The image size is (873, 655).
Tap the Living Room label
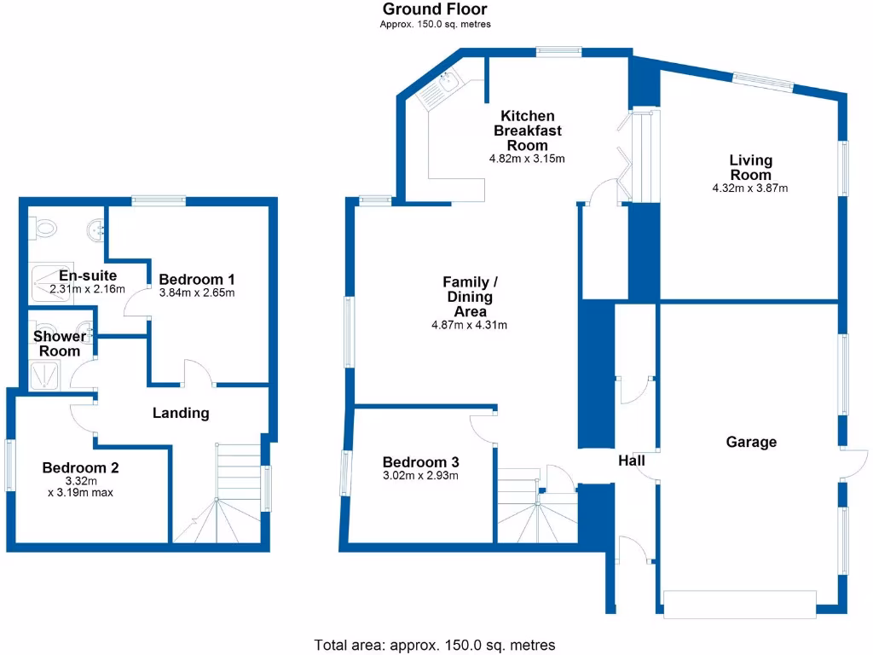pyautogui.click(x=750, y=167)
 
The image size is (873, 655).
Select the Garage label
pyautogui.click(x=751, y=442)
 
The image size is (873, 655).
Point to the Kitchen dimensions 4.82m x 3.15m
pyautogui.click(x=527, y=159)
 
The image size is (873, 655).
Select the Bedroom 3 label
pyautogui.click(x=420, y=462)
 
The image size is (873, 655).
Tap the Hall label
pyautogui.click(x=631, y=461)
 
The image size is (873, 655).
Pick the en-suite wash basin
pyautogui.click(x=96, y=229)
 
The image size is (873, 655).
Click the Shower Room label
pyautogui.click(x=60, y=344)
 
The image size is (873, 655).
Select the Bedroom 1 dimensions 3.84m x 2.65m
pyautogui.click(x=196, y=293)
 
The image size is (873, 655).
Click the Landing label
pyautogui.click(x=181, y=413)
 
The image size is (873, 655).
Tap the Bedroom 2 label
pyautogui.click(x=80, y=467)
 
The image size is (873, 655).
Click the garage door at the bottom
pyautogui.click(x=738, y=604)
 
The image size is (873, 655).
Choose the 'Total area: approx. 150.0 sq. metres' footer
pyautogui.click(x=435, y=645)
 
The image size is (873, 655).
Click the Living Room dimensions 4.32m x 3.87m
pyautogui.click(x=750, y=188)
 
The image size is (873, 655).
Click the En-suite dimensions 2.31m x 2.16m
pyautogui.click(x=87, y=289)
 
